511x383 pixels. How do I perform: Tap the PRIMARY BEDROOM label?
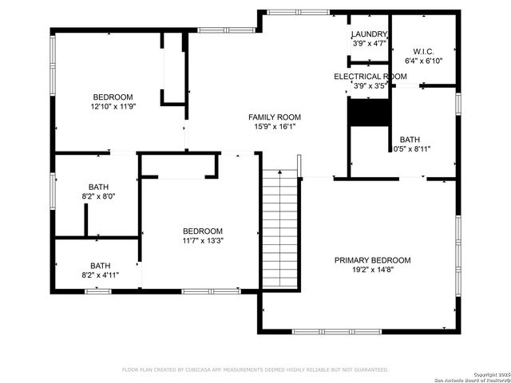(372, 260)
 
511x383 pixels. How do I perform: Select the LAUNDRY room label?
(370, 34)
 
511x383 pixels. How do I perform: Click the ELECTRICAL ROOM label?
(370, 77)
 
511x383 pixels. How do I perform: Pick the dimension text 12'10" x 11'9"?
(113, 106)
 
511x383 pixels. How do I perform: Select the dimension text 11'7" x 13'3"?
(202, 240)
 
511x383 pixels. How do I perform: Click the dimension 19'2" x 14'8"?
(372, 270)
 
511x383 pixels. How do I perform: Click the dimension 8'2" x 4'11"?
(100, 274)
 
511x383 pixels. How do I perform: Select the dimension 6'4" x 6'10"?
(423, 61)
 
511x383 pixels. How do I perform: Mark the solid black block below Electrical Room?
(368, 113)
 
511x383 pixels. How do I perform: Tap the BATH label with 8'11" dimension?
(409, 139)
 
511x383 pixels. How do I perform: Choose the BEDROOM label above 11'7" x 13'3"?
(202, 231)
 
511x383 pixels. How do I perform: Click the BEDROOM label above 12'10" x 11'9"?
(113, 97)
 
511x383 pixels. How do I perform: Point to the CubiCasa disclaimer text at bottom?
(255, 369)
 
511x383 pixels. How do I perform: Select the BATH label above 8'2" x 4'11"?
(100, 266)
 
